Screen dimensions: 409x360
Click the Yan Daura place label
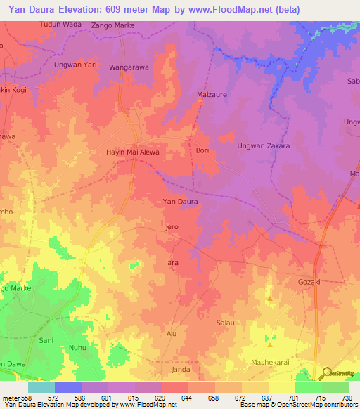coord(180,202)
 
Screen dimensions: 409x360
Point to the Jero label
coord(172,227)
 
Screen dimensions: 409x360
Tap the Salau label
coord(225,322)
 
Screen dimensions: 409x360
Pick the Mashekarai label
coord(272,362)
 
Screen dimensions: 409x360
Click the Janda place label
coord(181,369)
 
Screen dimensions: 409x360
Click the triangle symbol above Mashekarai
coord(269,345)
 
